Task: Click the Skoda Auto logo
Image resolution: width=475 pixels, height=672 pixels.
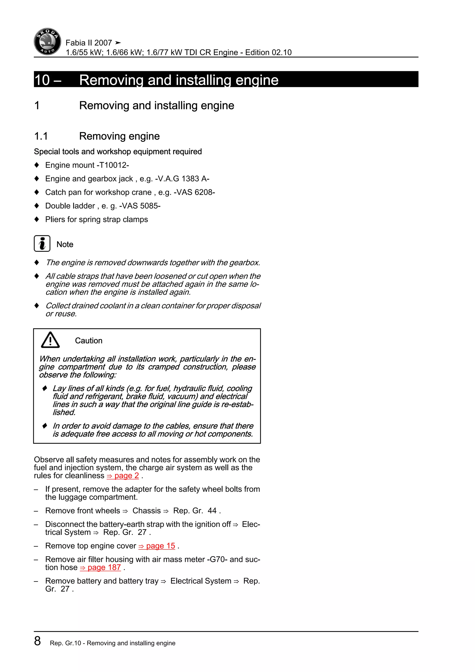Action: click(x=47, y=42)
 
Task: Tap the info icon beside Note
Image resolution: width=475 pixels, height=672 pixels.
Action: click(x=42, y=243)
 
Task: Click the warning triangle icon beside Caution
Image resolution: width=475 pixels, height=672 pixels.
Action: click(x=50, y=340)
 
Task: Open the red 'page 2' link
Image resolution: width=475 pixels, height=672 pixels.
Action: click(x=123, y=476)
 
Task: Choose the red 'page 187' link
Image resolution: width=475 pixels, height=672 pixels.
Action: click(x=100, y=568)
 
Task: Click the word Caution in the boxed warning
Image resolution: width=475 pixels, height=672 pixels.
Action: click(x=89, y=341)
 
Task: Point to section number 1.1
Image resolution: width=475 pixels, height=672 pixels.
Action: click(x=41, y=136)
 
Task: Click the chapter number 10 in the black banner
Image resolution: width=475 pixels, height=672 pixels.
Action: click(x=42, y=80)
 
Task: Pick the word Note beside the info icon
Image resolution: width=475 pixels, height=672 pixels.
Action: click(x=65, y=244)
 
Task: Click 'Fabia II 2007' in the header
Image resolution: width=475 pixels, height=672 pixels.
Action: click(x=89, y=43)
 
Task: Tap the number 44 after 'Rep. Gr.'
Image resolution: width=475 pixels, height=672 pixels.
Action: click(x=212, y=511)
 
